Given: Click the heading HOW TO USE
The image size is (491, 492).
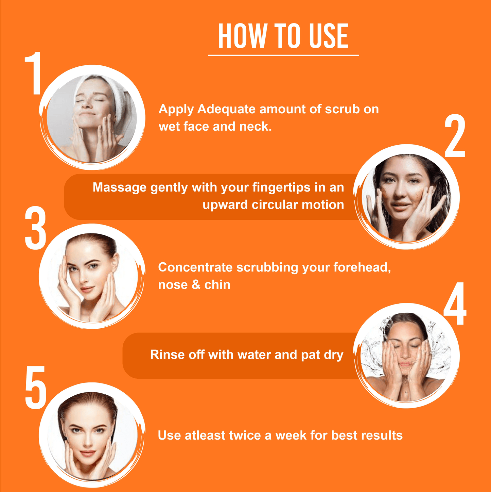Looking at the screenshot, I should click(283, 36).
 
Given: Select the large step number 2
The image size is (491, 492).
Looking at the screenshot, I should click(455, 136).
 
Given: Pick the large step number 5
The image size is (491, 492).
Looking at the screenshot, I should click(35, 388).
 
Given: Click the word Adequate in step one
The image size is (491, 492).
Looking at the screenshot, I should click(226, 109).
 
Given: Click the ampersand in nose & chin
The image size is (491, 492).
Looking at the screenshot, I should click(196, 285).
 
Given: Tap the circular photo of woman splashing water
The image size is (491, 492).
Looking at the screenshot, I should click(406, 356).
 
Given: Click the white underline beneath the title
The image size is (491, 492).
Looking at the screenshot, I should click(283, 55).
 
